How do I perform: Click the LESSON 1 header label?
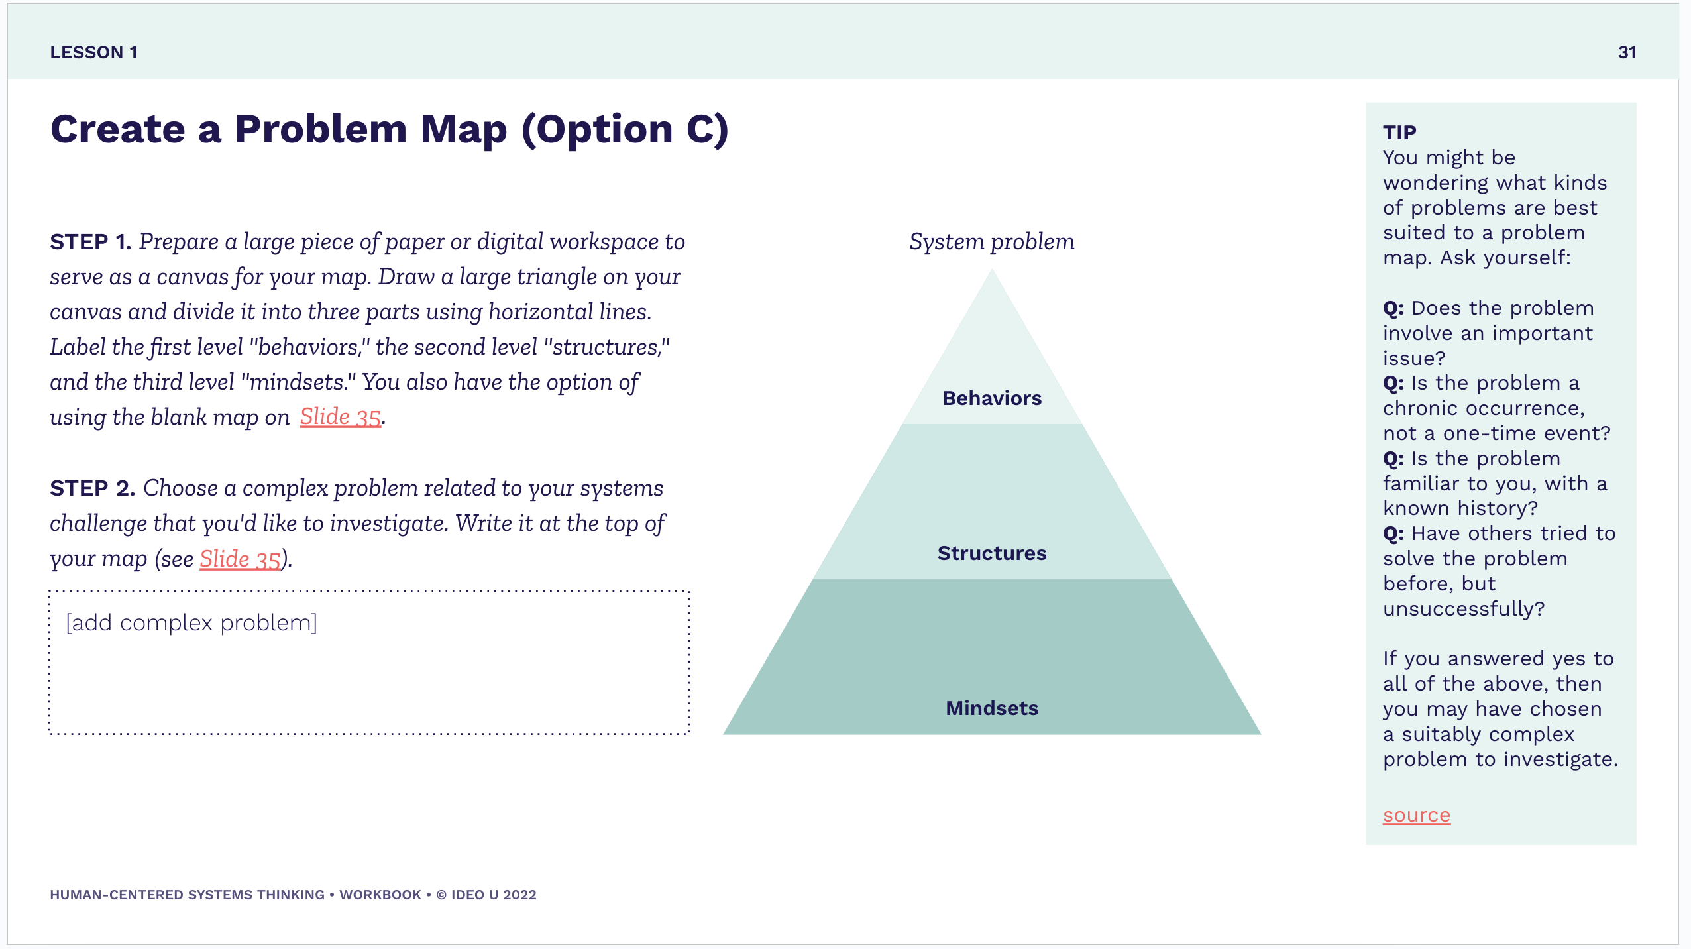tap(93, 52)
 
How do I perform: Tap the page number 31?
tap(1627, 52)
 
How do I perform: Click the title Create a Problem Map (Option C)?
tap(389, 129)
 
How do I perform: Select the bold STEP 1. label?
tap(90, 242)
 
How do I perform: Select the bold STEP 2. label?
tap(92, 488)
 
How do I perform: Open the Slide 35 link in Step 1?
tap(340, 417)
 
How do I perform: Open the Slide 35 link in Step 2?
tap(240, 559)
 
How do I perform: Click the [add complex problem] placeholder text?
tap(191, 623)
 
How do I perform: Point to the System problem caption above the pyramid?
tap(991, 242)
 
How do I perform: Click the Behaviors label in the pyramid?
tap(992, 398)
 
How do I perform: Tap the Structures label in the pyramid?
tap(992, 553)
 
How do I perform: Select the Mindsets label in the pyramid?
tap(992, 708)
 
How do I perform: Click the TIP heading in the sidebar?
tap(1399, 133)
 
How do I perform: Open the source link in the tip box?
tap(1416, 815)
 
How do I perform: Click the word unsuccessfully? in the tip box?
tap(1463, 609)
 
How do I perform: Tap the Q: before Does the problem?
tap(1393, 308)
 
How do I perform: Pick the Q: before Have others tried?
tap(1393, 533)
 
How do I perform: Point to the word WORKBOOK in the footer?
tap(380, 895)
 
